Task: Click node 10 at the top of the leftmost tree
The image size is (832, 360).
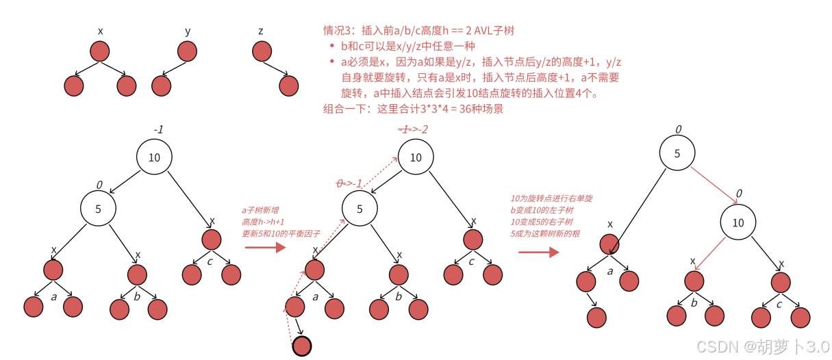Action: click(x=154, y=157)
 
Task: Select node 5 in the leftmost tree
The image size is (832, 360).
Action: click(x=98, y=209)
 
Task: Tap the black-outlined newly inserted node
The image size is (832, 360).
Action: click(x=301, y=346)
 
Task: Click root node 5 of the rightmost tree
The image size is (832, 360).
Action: click(x=677, y=153)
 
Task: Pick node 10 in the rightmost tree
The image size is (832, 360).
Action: click(x=738, y=222)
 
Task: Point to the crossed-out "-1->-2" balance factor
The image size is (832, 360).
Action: click(x=414, y=129)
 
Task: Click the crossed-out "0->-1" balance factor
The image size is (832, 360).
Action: click(x=349, y=183)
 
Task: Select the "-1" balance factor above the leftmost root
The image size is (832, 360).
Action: click(x=157, y=129)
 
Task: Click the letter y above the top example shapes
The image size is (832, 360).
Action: click(x=188, y=31)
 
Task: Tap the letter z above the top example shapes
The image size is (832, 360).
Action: click(x=260, y=31)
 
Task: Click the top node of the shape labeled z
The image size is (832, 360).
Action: click(x=261, y=51)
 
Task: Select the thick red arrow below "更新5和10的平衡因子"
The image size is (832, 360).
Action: click(x=264, y=247)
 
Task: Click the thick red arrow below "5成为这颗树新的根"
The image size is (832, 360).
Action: click(x=538, y=252)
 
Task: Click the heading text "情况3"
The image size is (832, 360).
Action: click(x=338, y=31)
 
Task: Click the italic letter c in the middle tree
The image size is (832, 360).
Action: click(x=471, y=261)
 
